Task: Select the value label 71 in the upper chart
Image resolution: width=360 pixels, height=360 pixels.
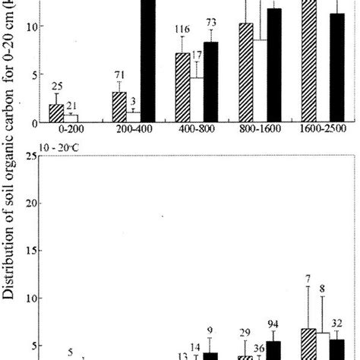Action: click(x=118, y=76)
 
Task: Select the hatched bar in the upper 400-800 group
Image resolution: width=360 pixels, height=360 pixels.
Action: click(x=182, y=87)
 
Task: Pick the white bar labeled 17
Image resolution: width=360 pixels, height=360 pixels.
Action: click(x=197, y=99)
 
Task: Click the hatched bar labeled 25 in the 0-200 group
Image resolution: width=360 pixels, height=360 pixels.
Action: click(x=55, y=113)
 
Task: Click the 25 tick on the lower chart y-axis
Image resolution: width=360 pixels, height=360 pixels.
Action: click(x=30, y=156)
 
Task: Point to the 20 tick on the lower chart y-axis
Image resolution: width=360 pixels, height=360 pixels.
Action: click(x=30, y=203)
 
